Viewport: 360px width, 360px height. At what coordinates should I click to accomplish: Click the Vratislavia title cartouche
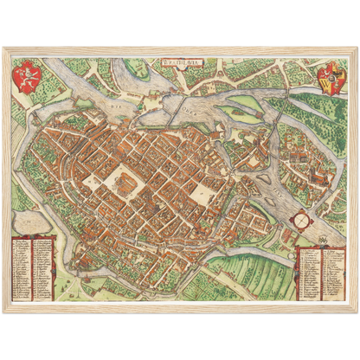tap(179, 61)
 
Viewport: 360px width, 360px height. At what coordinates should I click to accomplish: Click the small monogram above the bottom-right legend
tap(324, 239)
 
